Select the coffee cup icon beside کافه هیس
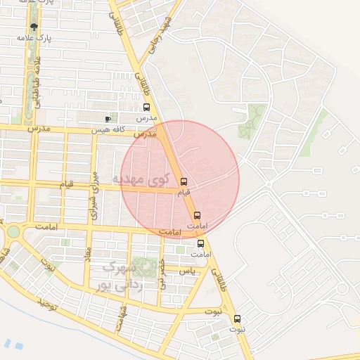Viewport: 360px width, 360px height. pyautogui.click(x=108, y=120)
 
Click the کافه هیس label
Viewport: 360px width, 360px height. pyautogui.click(x=110, y=131)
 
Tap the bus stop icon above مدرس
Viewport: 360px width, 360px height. pyautogui.click(x=146, y=108)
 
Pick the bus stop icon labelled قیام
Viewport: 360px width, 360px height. pyautogui.click(x=184, y=181)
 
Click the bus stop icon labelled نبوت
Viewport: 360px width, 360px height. pyautogui.click(x=236, y=319)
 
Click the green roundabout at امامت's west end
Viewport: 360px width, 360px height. pyautogui.click(x=13, y=231)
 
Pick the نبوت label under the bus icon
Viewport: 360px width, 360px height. pyautogui.click(x=236, y=328)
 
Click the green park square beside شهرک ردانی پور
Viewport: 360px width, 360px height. pyautogui.click(x=147, y=267)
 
